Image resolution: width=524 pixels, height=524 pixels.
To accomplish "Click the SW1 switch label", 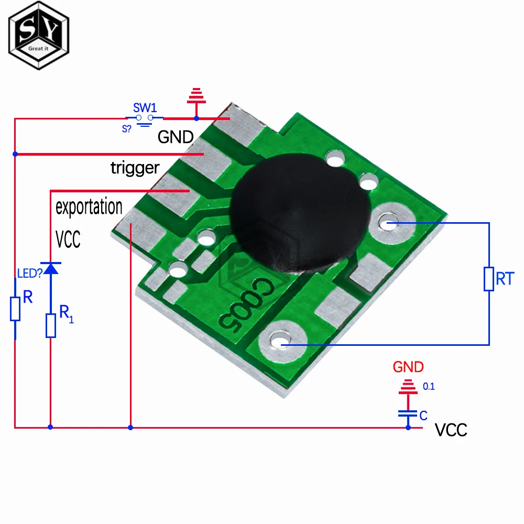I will point(145,108).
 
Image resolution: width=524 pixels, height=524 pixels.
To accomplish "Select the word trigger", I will point(135,168).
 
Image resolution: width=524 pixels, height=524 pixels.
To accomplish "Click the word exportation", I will point(89,206).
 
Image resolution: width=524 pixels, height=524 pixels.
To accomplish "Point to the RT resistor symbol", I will point(489,279).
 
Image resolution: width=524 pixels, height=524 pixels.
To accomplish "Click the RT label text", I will point(505,279).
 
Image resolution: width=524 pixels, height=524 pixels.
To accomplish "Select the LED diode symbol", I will point(50,268).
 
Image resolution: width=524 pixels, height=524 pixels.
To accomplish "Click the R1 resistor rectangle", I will point(50,325).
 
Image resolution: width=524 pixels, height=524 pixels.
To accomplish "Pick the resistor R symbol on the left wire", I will point(15,309).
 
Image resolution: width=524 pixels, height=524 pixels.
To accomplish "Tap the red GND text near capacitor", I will point(408,367).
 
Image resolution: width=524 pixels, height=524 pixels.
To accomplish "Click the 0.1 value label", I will point(429,387).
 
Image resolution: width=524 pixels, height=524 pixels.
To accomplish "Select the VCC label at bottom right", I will point(451,430).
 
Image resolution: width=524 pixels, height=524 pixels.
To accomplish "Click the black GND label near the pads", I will point(176,137).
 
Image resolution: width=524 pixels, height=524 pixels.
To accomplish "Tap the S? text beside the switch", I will point(126,128).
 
